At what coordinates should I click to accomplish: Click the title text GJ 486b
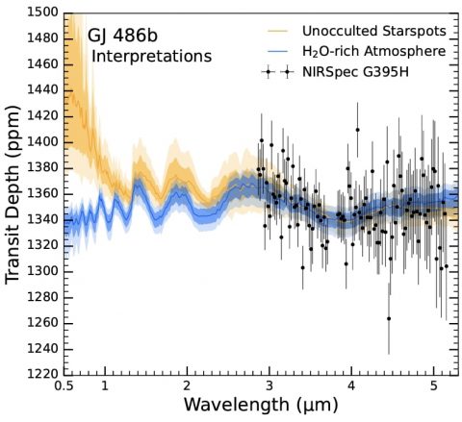(x=122, y=36)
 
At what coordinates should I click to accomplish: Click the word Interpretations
(x=152, y=57)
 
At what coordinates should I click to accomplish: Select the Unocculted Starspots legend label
(x=374, y=32)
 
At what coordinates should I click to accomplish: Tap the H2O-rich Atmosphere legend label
(x=374, y=51)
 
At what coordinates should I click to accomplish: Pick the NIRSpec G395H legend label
(x=355, y=72)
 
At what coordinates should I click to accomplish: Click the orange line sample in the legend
(x=277, y=31)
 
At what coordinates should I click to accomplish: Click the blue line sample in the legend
(x=277, y=51)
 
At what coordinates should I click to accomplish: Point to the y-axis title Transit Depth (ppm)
(x=13, y=194)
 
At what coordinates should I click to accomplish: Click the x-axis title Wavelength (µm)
(x=261, y=405)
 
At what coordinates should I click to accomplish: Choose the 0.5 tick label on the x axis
(x=64, y=386)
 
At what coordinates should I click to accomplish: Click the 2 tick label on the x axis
(x=187, y=386)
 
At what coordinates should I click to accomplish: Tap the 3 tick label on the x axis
(x=269, y=386)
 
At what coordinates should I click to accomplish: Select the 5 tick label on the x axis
(x=434, y=386)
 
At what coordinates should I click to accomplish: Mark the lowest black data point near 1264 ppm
(x=389, y=318)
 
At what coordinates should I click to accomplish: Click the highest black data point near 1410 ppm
(x=357, y=130)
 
